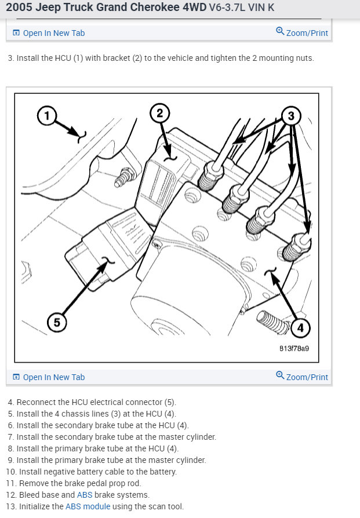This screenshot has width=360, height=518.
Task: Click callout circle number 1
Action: click(x=47, y=116)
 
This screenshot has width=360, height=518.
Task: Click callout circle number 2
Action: click(x=160, y=112)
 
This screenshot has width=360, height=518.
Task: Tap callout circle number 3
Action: click(x=291, y=116)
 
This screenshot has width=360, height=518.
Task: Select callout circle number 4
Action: click(x=300, y=329)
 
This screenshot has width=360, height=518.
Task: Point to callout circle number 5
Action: click(x=56, y=322)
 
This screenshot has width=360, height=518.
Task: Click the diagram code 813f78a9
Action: click(x=294, y=349)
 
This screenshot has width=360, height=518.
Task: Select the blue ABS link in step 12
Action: click(x=85, y=495)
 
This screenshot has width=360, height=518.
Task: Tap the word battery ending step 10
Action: click(x=163, y=472)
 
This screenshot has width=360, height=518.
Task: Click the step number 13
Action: click(x=11, y=506)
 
